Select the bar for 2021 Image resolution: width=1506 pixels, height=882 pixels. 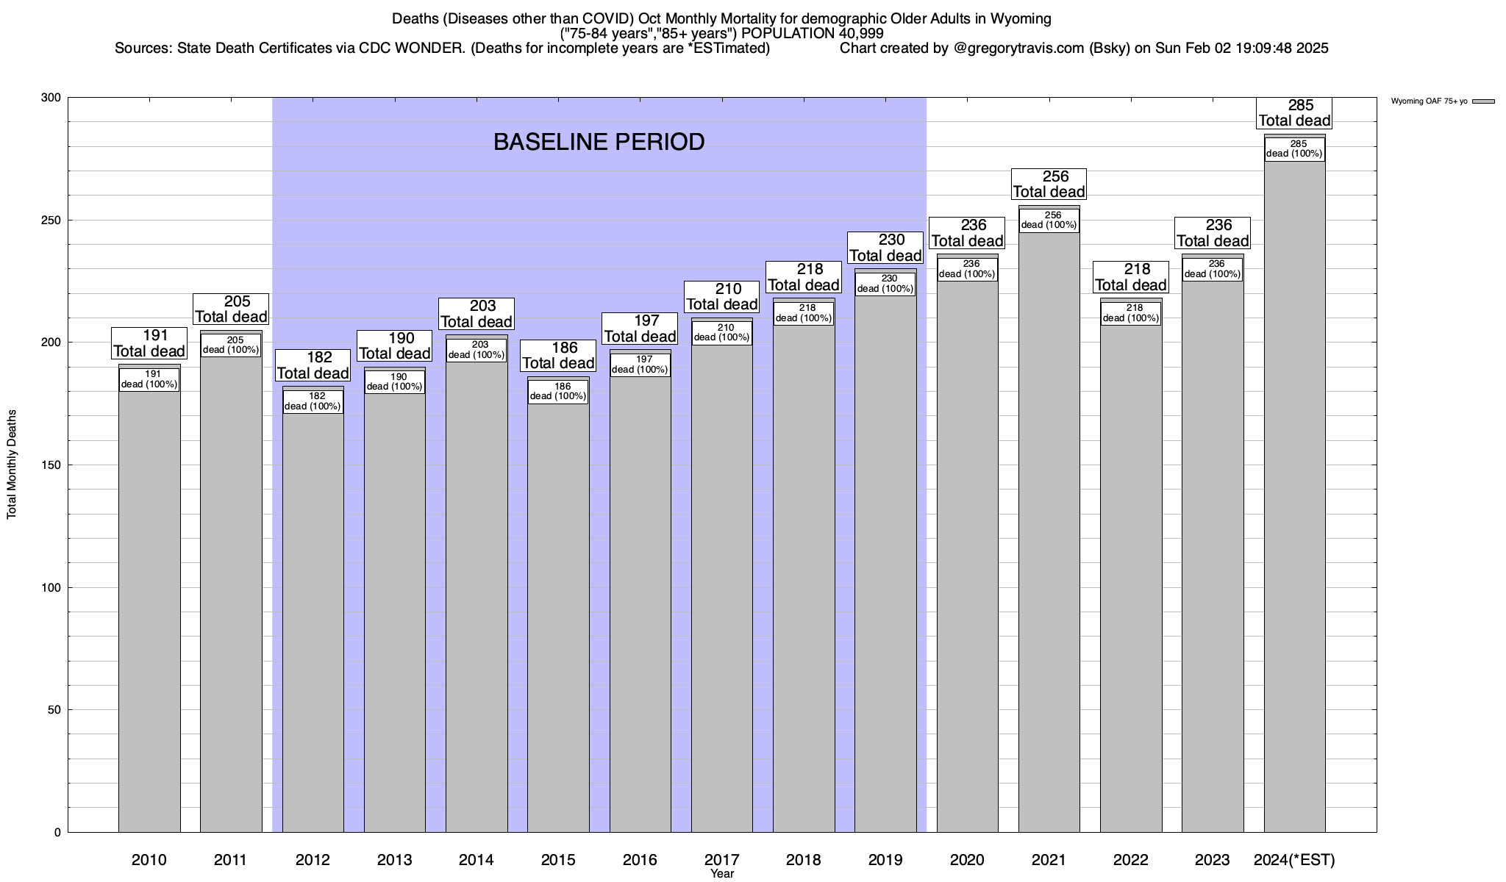[x=1049, y=529]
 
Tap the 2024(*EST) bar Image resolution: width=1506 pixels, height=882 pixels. [x=1294, y=500]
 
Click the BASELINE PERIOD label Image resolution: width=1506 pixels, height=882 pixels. [x=599, y=142]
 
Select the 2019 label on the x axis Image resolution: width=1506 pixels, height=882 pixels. [x=885, y=860]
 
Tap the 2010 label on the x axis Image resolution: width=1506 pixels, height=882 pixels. [x=149, y=860]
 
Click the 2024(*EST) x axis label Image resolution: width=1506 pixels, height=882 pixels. [x=1294, y=860]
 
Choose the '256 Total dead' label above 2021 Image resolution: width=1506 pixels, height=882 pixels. [x=1049, y=184]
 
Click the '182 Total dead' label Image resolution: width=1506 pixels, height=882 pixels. [x=313, y=365]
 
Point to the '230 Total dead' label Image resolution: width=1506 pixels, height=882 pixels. [x=885, y=248]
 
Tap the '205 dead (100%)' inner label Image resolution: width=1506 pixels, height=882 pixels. [x=231, y=345]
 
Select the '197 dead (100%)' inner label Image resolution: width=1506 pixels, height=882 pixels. [x=640, y=365]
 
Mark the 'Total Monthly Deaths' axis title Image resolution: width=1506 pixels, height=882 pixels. [x=12, y=465]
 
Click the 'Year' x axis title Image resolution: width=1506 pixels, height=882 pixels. [x=722, y=874]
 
